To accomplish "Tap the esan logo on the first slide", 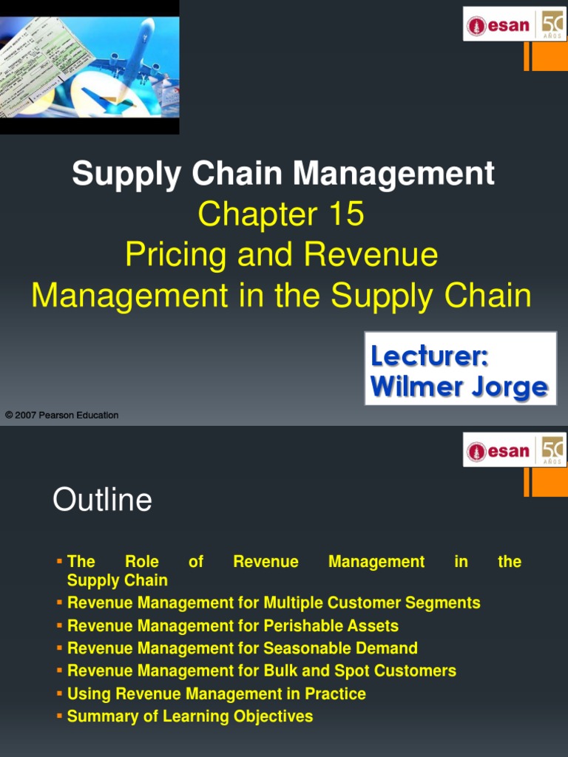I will (498, 25).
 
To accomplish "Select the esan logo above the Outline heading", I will (498, 450).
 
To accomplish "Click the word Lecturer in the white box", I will (429, 356).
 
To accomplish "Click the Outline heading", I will (102, 500).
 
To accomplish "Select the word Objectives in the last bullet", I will (274, 716).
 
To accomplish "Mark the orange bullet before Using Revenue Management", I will (60, 693).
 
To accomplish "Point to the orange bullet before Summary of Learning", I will (60, 716).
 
